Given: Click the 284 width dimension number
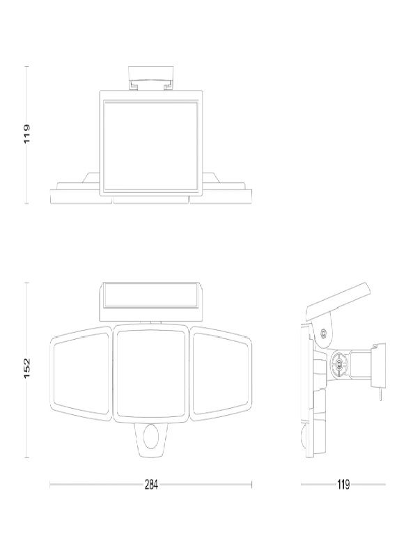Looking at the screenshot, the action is click(x=151, y=484).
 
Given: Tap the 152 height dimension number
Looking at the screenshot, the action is click(x=27, y=368).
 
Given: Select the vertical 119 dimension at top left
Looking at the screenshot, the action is click(x=27, y=134).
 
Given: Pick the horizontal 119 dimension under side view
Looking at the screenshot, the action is click(x=343, y=484).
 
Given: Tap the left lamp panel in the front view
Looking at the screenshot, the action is click(x=81, y=373).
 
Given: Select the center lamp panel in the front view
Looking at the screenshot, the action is click(x=150, y=373).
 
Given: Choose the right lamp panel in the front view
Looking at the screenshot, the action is click(x=221, y=373).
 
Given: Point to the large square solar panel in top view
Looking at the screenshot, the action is click(x=151, y=143).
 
